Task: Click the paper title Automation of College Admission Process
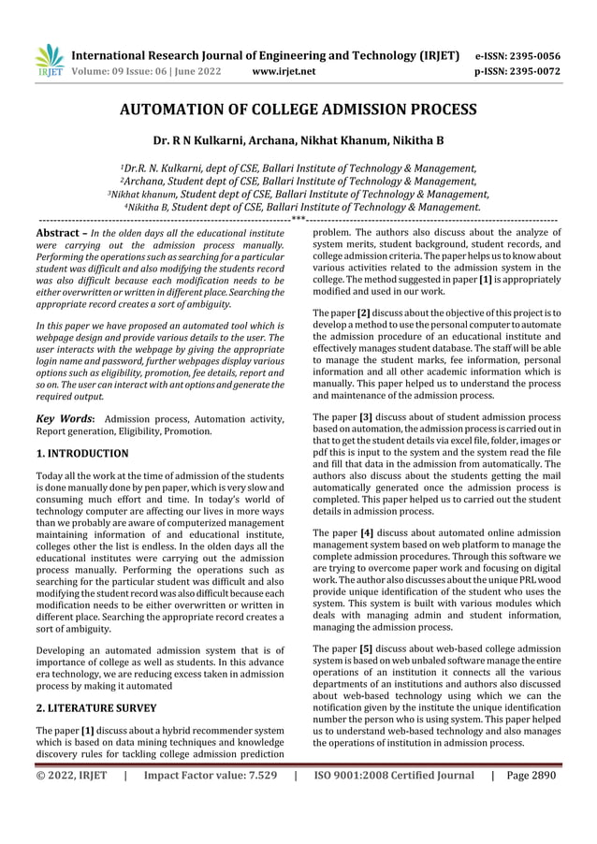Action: pos(298,109)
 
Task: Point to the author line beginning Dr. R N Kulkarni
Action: pos(298,141)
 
